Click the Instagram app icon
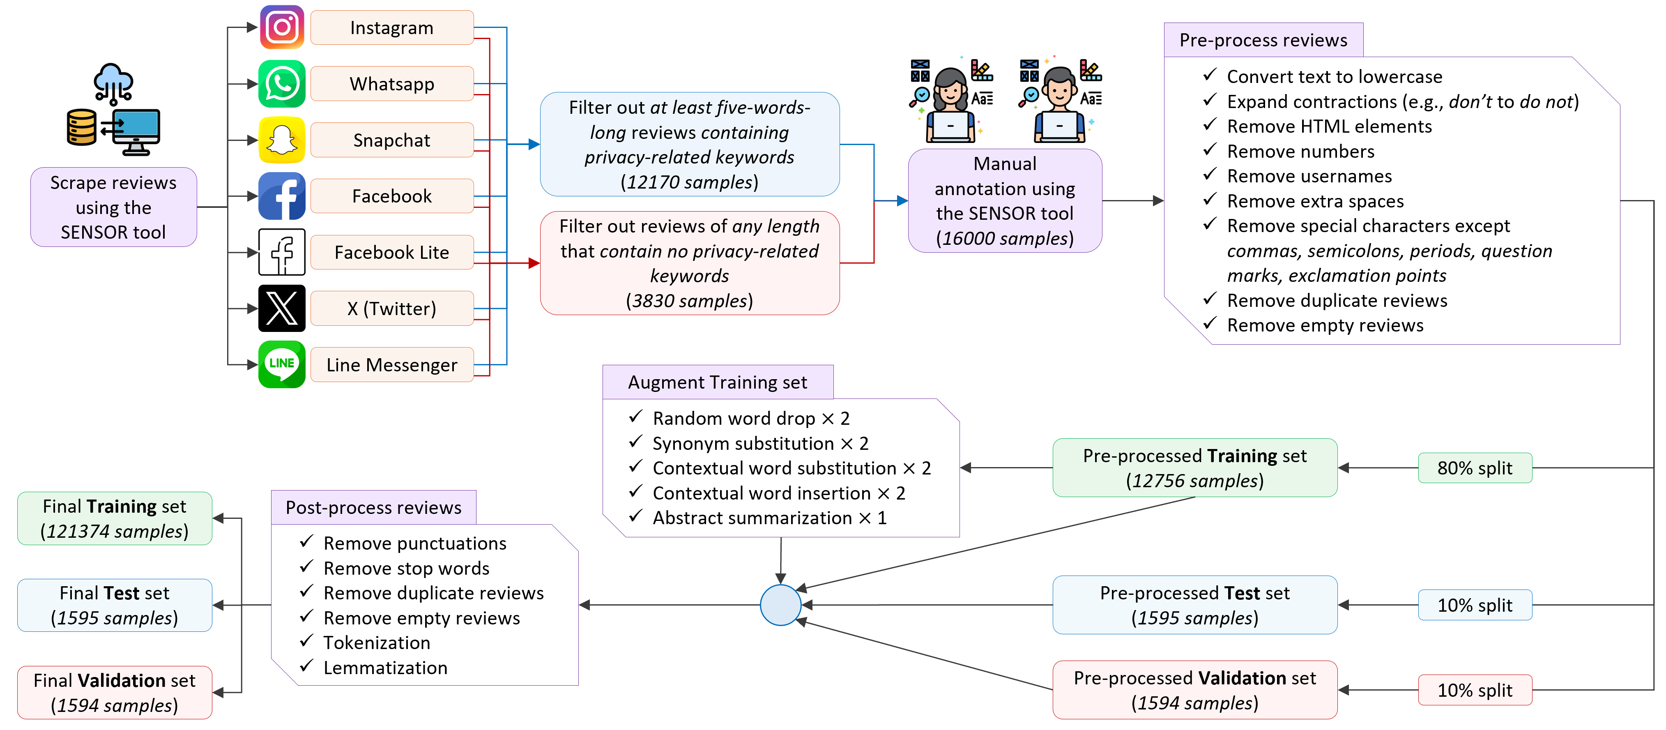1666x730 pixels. pos(282,27)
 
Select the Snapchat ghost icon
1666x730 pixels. pos(282,140)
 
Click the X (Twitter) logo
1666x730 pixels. pos(282,309)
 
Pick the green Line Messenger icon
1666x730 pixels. pos(282,364)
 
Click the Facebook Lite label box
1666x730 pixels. pos(391,252)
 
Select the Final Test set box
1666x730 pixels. pos(115,605)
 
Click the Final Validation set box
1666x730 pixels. pos(115,693)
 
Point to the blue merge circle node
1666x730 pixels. pos(780,605)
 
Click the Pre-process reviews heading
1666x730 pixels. pos(1263,40)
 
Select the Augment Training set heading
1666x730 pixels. pos(717,382)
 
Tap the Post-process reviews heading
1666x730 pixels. pos(373,508)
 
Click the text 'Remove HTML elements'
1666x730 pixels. pos(1329,127)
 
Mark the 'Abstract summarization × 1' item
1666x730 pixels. pos(769,518)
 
